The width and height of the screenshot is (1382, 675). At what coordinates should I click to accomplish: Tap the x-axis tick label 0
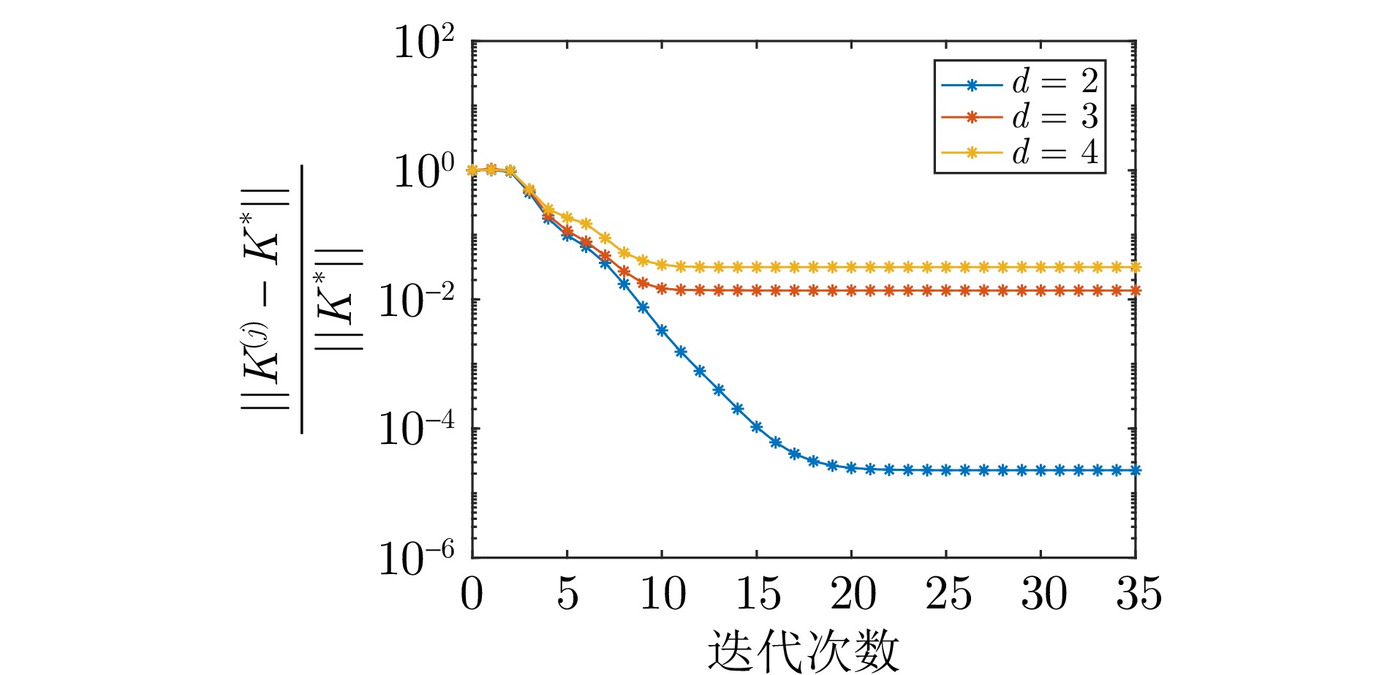point(472,593)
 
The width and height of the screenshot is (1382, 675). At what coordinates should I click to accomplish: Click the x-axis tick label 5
point(567,593)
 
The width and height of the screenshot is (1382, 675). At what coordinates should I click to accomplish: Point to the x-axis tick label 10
point(662,593)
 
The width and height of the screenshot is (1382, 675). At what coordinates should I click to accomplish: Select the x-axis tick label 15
point(758,593)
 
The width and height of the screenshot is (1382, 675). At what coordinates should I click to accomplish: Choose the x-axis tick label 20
point(853,593)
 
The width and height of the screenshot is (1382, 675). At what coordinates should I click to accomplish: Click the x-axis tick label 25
point(948,593)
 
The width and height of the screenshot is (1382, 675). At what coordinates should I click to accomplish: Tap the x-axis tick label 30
point(1043,593)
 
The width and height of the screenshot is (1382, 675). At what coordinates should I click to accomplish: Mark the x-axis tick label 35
point(1138,593)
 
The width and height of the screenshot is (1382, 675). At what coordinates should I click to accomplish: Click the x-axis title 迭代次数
point(803,650)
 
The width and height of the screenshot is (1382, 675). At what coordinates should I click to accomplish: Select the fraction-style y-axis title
point(302,300)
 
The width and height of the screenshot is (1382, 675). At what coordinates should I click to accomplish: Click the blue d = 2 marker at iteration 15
point(757,426)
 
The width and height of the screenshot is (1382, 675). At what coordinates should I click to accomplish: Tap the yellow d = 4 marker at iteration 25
point(946,267)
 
